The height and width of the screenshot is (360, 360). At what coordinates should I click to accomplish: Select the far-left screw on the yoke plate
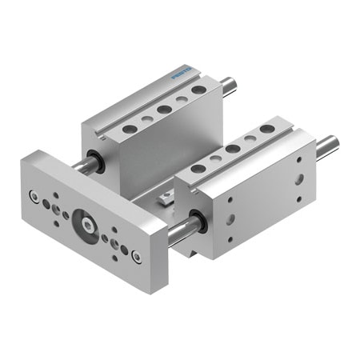[33, 196]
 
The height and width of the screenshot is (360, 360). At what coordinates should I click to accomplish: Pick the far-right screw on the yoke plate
[138, 256]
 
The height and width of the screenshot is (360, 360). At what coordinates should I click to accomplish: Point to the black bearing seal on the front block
[197, 224]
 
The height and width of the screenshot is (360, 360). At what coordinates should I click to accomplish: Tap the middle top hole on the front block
[233, 149]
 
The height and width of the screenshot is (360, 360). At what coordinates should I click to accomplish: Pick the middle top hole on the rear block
[163, 109]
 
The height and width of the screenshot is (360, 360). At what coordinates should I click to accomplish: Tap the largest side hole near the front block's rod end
[298, 179]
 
